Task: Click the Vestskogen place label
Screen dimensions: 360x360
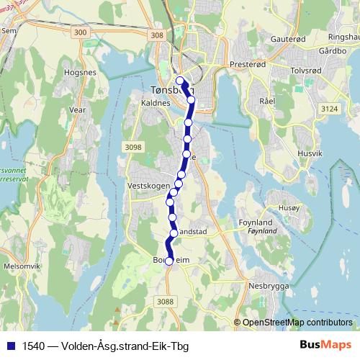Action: click(148, 185)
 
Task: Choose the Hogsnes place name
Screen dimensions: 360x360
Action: click(81, 73)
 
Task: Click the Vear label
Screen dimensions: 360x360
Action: click(77, 110)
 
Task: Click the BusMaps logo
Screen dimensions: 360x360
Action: click(325, 346)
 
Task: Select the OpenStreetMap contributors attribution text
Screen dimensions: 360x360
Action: click(297, 323)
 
